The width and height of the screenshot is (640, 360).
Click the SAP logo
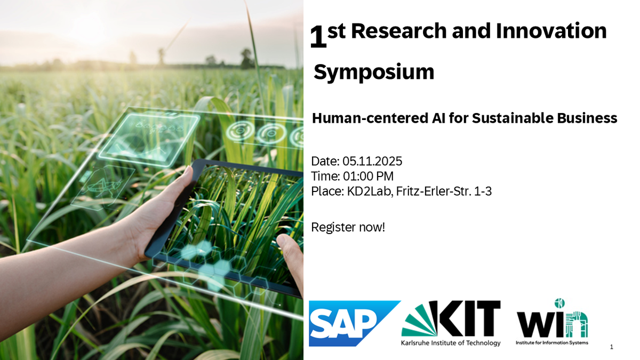click(x=354, y=323)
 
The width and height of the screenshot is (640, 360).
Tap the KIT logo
click(x=451, y=323)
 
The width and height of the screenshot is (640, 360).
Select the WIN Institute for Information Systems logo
click(x=552, y=322)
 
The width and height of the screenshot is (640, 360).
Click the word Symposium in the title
click(x=374, y=73)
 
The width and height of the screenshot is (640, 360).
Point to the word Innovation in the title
click(x=551, y=31)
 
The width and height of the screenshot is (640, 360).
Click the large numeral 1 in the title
click(x=318, y=37)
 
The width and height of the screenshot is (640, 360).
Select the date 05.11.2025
click(x=372, y=162)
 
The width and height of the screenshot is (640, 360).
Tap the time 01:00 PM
click(x=369, y=177)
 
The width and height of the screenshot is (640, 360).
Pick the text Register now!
click(x=348, y=227)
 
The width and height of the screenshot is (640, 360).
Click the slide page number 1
click(x=611, y=347)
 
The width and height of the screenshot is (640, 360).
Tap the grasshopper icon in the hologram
click(x=103, y=185)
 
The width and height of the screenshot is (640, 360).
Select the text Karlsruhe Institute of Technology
click(x=451, y=343)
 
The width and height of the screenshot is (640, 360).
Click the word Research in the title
click(x=398, y=31)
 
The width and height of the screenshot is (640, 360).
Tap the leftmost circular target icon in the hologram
click(x=240, y=131)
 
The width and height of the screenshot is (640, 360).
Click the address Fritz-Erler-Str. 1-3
click(x=444, y=191)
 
